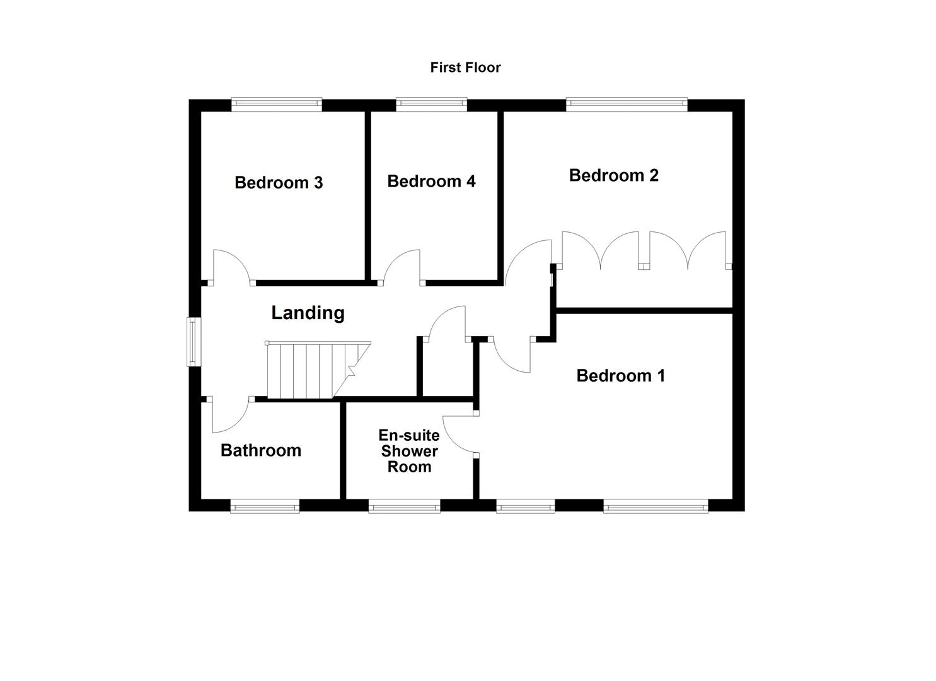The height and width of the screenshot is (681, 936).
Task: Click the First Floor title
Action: click(x=465, y=67)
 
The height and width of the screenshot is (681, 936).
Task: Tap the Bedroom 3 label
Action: click(x=279, y=183)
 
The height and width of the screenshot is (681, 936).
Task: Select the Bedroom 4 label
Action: click(x=431, y=182)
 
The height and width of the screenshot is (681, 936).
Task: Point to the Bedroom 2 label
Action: click(x=613, y=175)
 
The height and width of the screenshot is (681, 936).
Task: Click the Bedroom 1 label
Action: click(x=620, y=376)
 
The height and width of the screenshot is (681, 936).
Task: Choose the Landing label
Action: click(x=308, y=313)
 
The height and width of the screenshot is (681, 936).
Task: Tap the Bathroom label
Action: click(x=261, y=450)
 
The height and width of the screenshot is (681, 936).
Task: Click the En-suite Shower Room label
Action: click(x=409, y=451)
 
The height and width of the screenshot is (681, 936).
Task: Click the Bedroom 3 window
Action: click(x=277, y=105)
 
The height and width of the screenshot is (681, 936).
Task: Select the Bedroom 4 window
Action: click(x=432, y=105)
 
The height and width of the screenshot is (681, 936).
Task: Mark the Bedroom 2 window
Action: click(x=627, y=105)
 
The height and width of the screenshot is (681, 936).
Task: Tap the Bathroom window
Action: click(x=264, y=506)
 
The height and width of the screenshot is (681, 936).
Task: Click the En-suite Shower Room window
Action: click(x=404, y=506)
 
